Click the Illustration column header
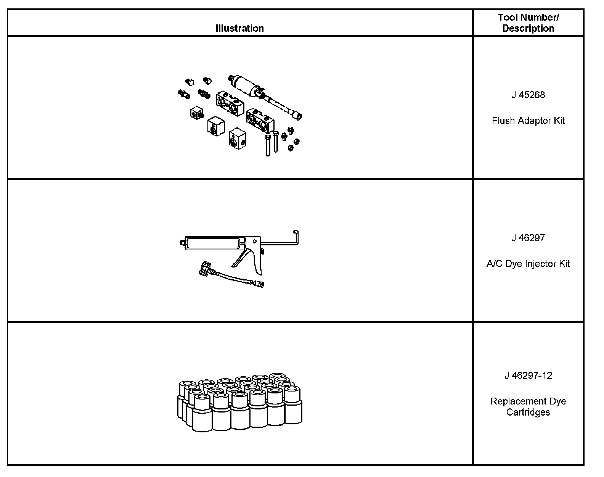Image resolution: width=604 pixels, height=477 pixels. (x=239, y=28)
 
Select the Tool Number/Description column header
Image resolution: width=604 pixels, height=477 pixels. (x=528, y=23)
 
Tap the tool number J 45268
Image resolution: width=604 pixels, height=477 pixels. (x=528, y=95)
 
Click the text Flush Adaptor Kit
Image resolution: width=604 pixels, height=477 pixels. (x=528, y=121)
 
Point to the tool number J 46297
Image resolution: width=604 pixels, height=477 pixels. (x=528, y=238)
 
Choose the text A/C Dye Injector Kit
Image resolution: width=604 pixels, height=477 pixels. (x=528, y=264)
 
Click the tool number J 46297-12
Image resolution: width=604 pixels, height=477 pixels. (x=528, y=376)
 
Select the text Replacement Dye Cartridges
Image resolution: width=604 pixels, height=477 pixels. (x=528, y=407)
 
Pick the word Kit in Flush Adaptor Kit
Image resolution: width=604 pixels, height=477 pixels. (x=559, y=121)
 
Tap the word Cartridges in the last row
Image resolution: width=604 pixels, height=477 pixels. (x=528, y=413)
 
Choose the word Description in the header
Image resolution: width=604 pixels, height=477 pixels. (x=528, y=29)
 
